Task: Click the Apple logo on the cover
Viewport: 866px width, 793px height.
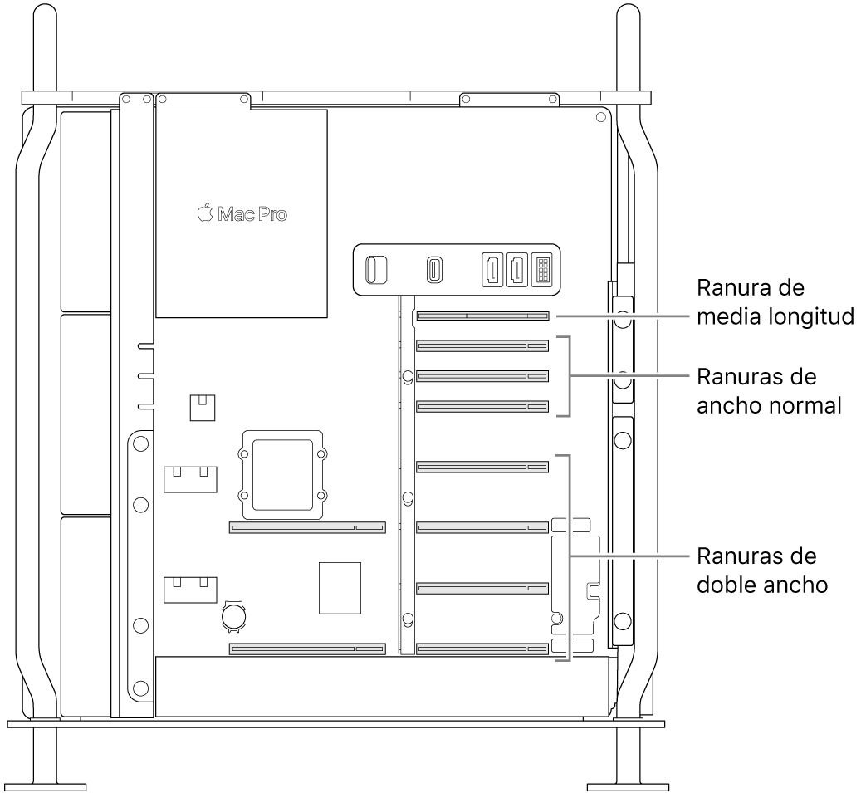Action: tap(204, 213)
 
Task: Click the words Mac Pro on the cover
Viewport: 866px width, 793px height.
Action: tap(252, 214)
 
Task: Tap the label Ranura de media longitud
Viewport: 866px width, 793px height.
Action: tap(775, 302)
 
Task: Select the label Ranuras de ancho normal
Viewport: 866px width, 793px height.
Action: tap(769, 391)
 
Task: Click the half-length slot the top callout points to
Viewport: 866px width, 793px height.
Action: tap(482, 316)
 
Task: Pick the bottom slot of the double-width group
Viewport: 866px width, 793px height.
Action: tap(482, 648)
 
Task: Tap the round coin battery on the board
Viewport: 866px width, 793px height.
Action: tap(234, 615)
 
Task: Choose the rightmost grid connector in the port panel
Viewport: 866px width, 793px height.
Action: tap(541, 269)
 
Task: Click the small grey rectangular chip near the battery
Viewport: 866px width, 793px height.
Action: tap(340, 588)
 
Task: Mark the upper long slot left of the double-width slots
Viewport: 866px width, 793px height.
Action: tap(307, 527)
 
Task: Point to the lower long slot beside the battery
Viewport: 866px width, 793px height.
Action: tap(307, 648)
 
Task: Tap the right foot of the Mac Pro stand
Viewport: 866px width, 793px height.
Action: tap(626, 785)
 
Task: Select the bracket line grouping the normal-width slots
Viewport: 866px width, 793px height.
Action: tap(570, 375)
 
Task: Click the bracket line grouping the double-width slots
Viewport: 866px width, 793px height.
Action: tap(570, 556)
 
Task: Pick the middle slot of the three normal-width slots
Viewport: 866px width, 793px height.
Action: tap(482, 375)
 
